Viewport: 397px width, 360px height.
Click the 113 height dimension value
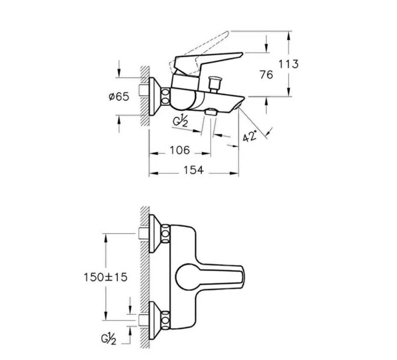click(288, 64)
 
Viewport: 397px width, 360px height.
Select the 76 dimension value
click(266, 74)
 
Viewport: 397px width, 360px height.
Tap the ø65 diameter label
click(119, 97)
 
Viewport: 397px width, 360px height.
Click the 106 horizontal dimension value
click(179, 150)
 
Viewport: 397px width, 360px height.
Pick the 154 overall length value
click(193, 170)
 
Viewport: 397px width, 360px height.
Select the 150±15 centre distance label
click(105, 277)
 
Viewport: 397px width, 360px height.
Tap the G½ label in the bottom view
click(109, 339)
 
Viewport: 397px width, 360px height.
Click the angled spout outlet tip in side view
click(239, 105)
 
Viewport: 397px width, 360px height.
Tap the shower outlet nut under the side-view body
click(211, 112)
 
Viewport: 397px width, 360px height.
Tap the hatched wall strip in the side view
click(145, 97)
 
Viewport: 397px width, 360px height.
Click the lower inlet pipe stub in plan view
click(144, 320)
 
